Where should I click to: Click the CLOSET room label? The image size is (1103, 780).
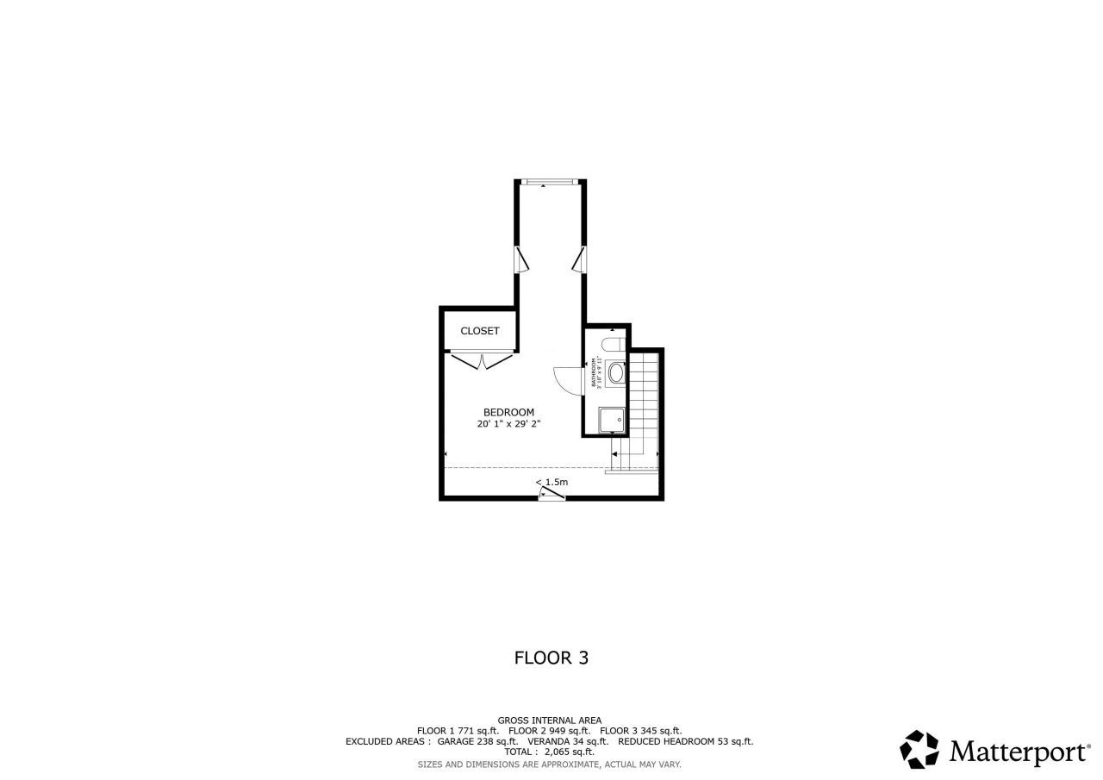479,331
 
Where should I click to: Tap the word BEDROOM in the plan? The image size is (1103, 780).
508,412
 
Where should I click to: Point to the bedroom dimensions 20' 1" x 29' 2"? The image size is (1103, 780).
508,424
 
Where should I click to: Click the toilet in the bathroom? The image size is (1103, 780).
613,346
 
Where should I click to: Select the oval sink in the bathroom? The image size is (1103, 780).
617,373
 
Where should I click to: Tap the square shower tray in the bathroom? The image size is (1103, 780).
613,421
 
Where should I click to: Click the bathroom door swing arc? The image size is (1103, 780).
566,378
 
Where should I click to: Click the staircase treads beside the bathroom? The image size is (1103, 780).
644,396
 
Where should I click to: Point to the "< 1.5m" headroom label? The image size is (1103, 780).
551,482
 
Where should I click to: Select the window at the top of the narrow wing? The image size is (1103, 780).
550,182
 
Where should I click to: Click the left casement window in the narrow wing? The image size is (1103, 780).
521,259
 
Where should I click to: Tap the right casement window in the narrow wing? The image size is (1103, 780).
579,259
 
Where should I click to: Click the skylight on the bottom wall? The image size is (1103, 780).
551,494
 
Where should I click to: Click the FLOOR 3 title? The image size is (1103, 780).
551,658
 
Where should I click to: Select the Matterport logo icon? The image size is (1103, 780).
919,749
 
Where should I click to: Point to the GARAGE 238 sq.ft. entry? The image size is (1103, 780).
477,741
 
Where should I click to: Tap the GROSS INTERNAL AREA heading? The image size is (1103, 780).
550,721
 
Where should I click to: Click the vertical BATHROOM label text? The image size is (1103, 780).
595,373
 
